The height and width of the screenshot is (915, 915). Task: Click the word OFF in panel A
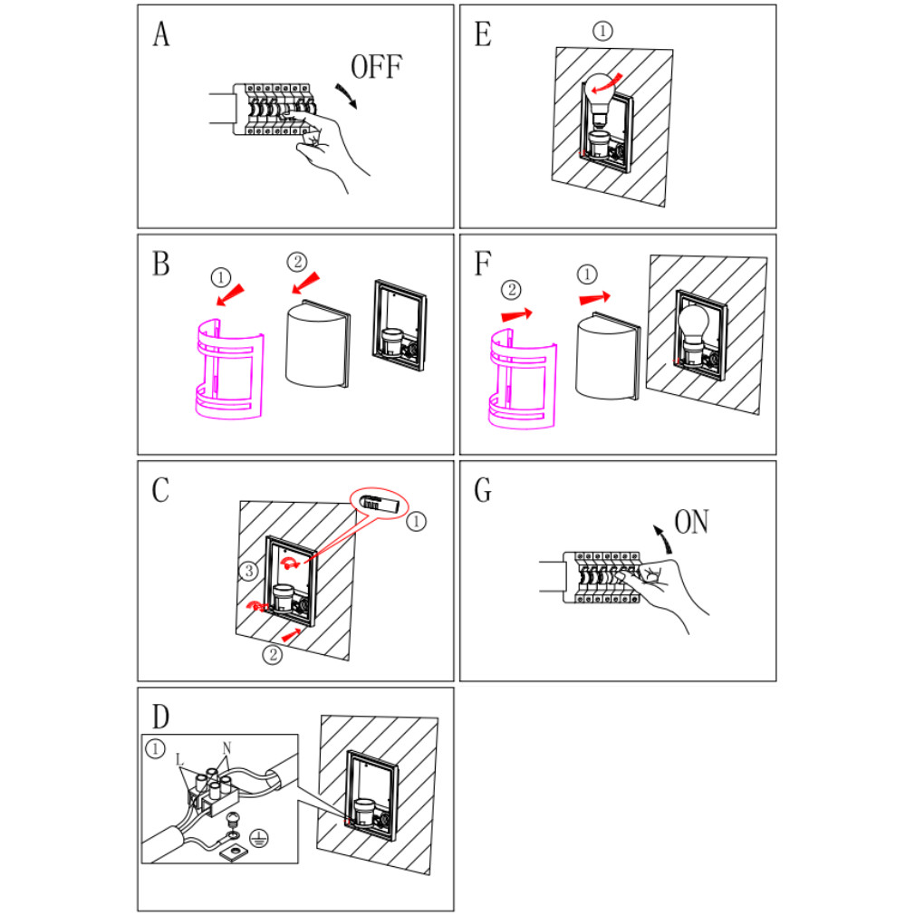pyautogui.click(x=376, y=67)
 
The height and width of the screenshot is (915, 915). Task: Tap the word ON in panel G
pyautogui.click(x=691, y=523)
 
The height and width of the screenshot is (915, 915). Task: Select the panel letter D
pyautogui.click(x=160, y=717)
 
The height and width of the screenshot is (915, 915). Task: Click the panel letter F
pyautogui.click(x=483, y=264)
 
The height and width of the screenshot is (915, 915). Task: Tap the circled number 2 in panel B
pyautogui.click(x=296, y=262)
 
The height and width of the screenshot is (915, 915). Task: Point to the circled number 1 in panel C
pyautogui.click(x=416, y=522)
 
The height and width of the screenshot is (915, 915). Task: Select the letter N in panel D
pyautogui.click(x=227, y=747)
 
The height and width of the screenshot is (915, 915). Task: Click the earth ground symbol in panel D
pyautogui.click(x=257, y=840)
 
